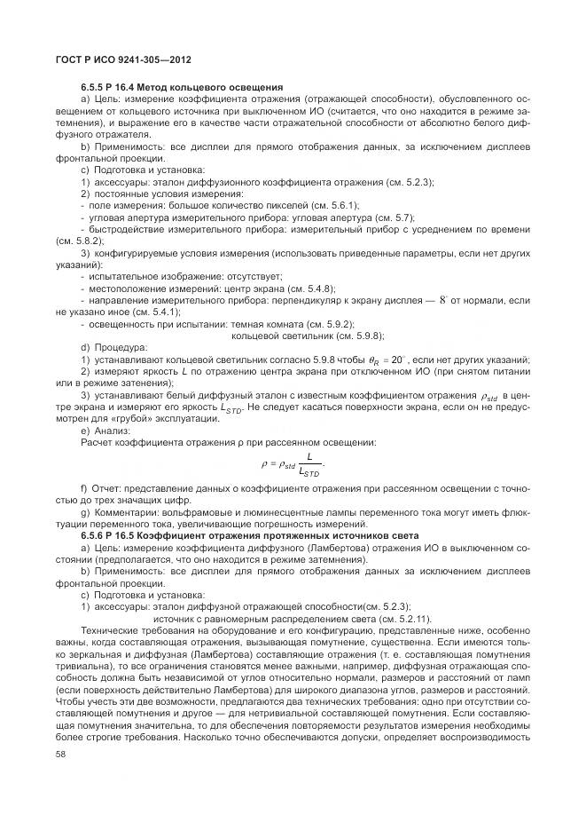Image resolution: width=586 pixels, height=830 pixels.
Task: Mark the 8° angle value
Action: (443, 301)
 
